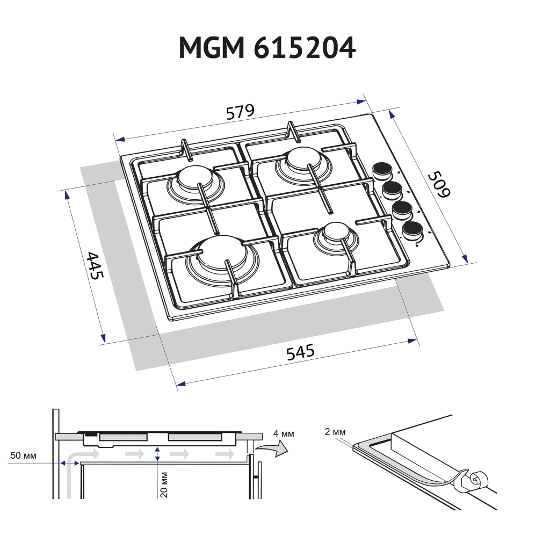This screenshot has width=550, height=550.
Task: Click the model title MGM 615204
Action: [x=267, y=49]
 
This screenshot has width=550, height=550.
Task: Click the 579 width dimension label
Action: [x=240, y=113]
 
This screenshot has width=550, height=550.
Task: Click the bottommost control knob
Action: [x=412, y=230]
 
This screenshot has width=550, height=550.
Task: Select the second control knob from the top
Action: [x=392, y=189]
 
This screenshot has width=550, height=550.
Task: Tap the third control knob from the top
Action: [x=402, y=209]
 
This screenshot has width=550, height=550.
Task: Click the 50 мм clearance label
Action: [x=23, y=456]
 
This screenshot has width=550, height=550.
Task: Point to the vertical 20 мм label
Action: [x=165, y=484]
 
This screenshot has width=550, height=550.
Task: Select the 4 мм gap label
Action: [x=283, y=434]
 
